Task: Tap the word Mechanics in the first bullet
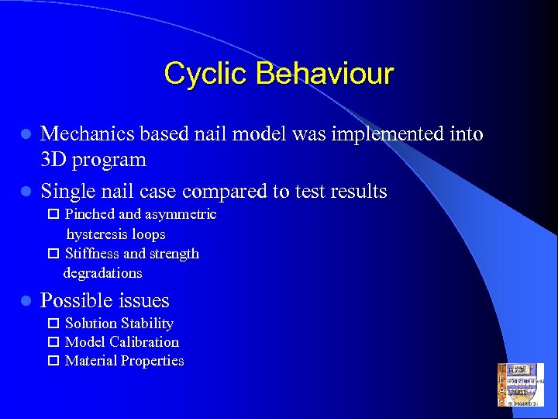88,134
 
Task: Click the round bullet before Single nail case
26,192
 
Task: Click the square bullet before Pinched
53,214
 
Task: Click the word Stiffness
92,254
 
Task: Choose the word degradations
102,273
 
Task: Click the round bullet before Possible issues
26,301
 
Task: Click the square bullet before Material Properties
53,361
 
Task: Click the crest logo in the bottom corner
520,385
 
